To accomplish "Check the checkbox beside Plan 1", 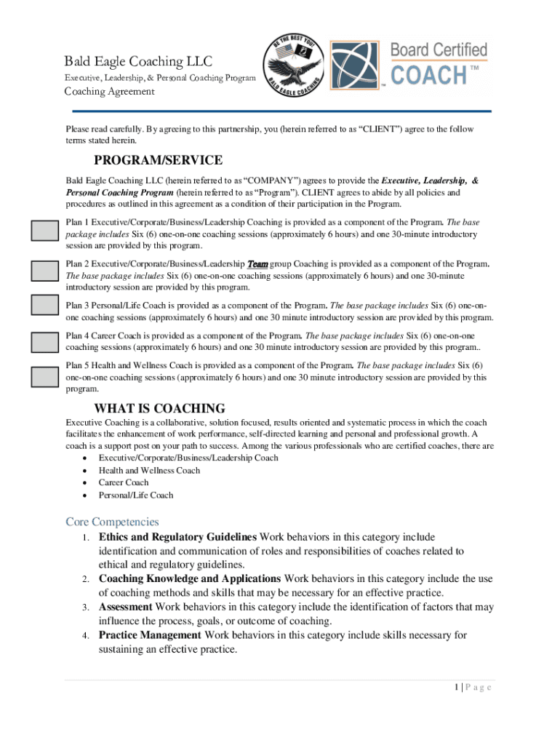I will point(44,231).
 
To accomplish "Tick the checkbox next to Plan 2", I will point(44,270).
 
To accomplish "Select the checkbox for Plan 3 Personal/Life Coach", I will point(44,306).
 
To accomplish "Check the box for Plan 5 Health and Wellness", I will point(44,377).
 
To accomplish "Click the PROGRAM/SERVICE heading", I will point(159,160).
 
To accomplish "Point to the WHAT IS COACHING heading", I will point(160,409).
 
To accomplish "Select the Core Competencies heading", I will point(112,522).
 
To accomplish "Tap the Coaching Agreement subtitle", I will point(110,92).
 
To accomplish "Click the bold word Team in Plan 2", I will point(257,264).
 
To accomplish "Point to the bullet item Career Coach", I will point(124,482).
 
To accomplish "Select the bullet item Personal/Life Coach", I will point(136,495).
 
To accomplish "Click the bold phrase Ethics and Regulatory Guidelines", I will point(177,537).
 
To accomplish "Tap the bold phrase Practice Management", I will point(150,635).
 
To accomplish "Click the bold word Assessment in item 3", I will point(125,607).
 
